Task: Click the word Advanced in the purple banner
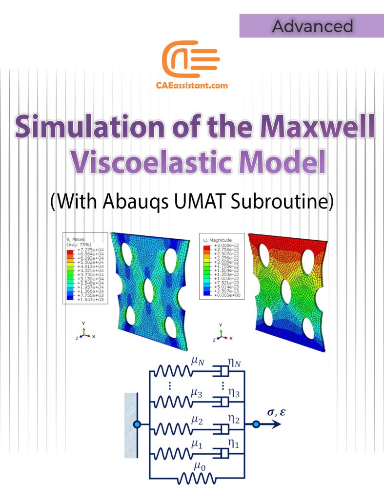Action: tap(312, 26)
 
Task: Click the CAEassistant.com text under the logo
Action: tap(192, 85)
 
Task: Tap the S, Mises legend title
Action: tap(76, 240)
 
